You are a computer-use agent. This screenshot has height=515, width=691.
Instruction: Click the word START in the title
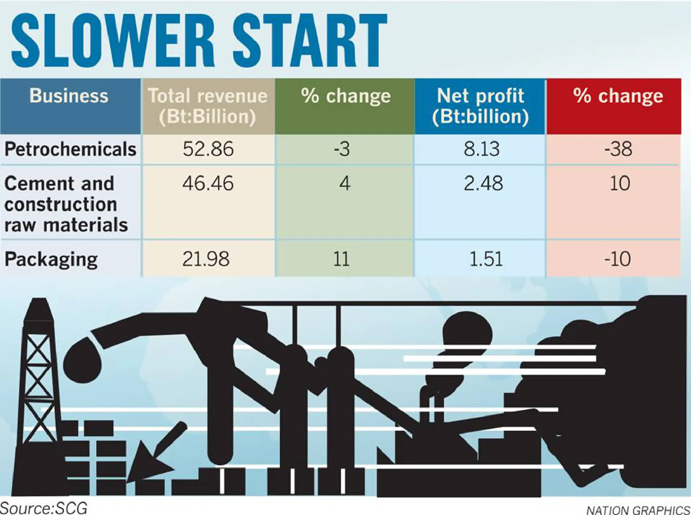(x=310, y=40)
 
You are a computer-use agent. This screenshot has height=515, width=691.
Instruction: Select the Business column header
(x=69, y=96)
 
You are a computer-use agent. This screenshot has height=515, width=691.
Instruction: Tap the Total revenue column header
(x=208, y=106)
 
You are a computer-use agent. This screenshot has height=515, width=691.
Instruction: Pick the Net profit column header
(x=480, y=106)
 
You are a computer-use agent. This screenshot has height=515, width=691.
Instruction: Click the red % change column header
(x=618, y=96)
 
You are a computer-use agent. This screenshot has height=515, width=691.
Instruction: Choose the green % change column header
(x=345, y=96)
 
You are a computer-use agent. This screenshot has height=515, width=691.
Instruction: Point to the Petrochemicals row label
(x=70, y=149)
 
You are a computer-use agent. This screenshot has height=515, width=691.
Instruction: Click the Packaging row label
(x=51, y=259)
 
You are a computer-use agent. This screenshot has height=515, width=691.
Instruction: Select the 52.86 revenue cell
(x=208, y=149)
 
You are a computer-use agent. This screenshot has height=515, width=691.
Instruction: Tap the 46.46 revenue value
(x=208, y=183)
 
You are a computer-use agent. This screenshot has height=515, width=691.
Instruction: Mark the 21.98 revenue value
(x=206, y=259)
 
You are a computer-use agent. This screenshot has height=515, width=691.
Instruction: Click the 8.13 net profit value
(x=482, y=149)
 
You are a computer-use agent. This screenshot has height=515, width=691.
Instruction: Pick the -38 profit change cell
(x=618, y=149)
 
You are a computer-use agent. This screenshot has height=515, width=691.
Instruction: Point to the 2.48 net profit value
(x=483, y=183)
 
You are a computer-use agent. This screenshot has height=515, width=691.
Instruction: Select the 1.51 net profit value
(x=486, y=259)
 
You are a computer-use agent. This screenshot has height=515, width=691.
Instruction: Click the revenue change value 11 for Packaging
(x=341, y=259)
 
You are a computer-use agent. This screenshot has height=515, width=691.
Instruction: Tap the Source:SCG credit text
(x=44, y=508)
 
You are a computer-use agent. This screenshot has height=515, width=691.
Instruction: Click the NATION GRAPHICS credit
(x=638, y=510)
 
